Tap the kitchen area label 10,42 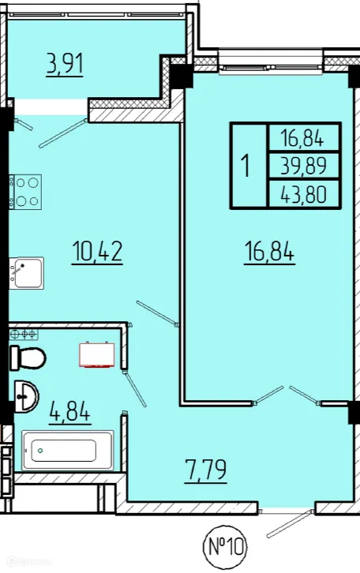[97, 252]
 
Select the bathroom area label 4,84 [69, 412]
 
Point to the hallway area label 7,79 [206, 470]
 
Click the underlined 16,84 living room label [269, 252]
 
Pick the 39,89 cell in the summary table [303, 167]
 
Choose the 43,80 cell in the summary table [303, 194]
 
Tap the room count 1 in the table [246, 166]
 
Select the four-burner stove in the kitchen [25, 192]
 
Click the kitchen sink [26, 273]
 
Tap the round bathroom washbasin [26, 395]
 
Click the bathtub [68, 451]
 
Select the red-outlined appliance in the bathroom [97, 354]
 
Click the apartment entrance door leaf [290, 523]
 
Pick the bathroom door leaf [134, 389]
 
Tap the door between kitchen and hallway [157, 313]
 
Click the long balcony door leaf [64, 133]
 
